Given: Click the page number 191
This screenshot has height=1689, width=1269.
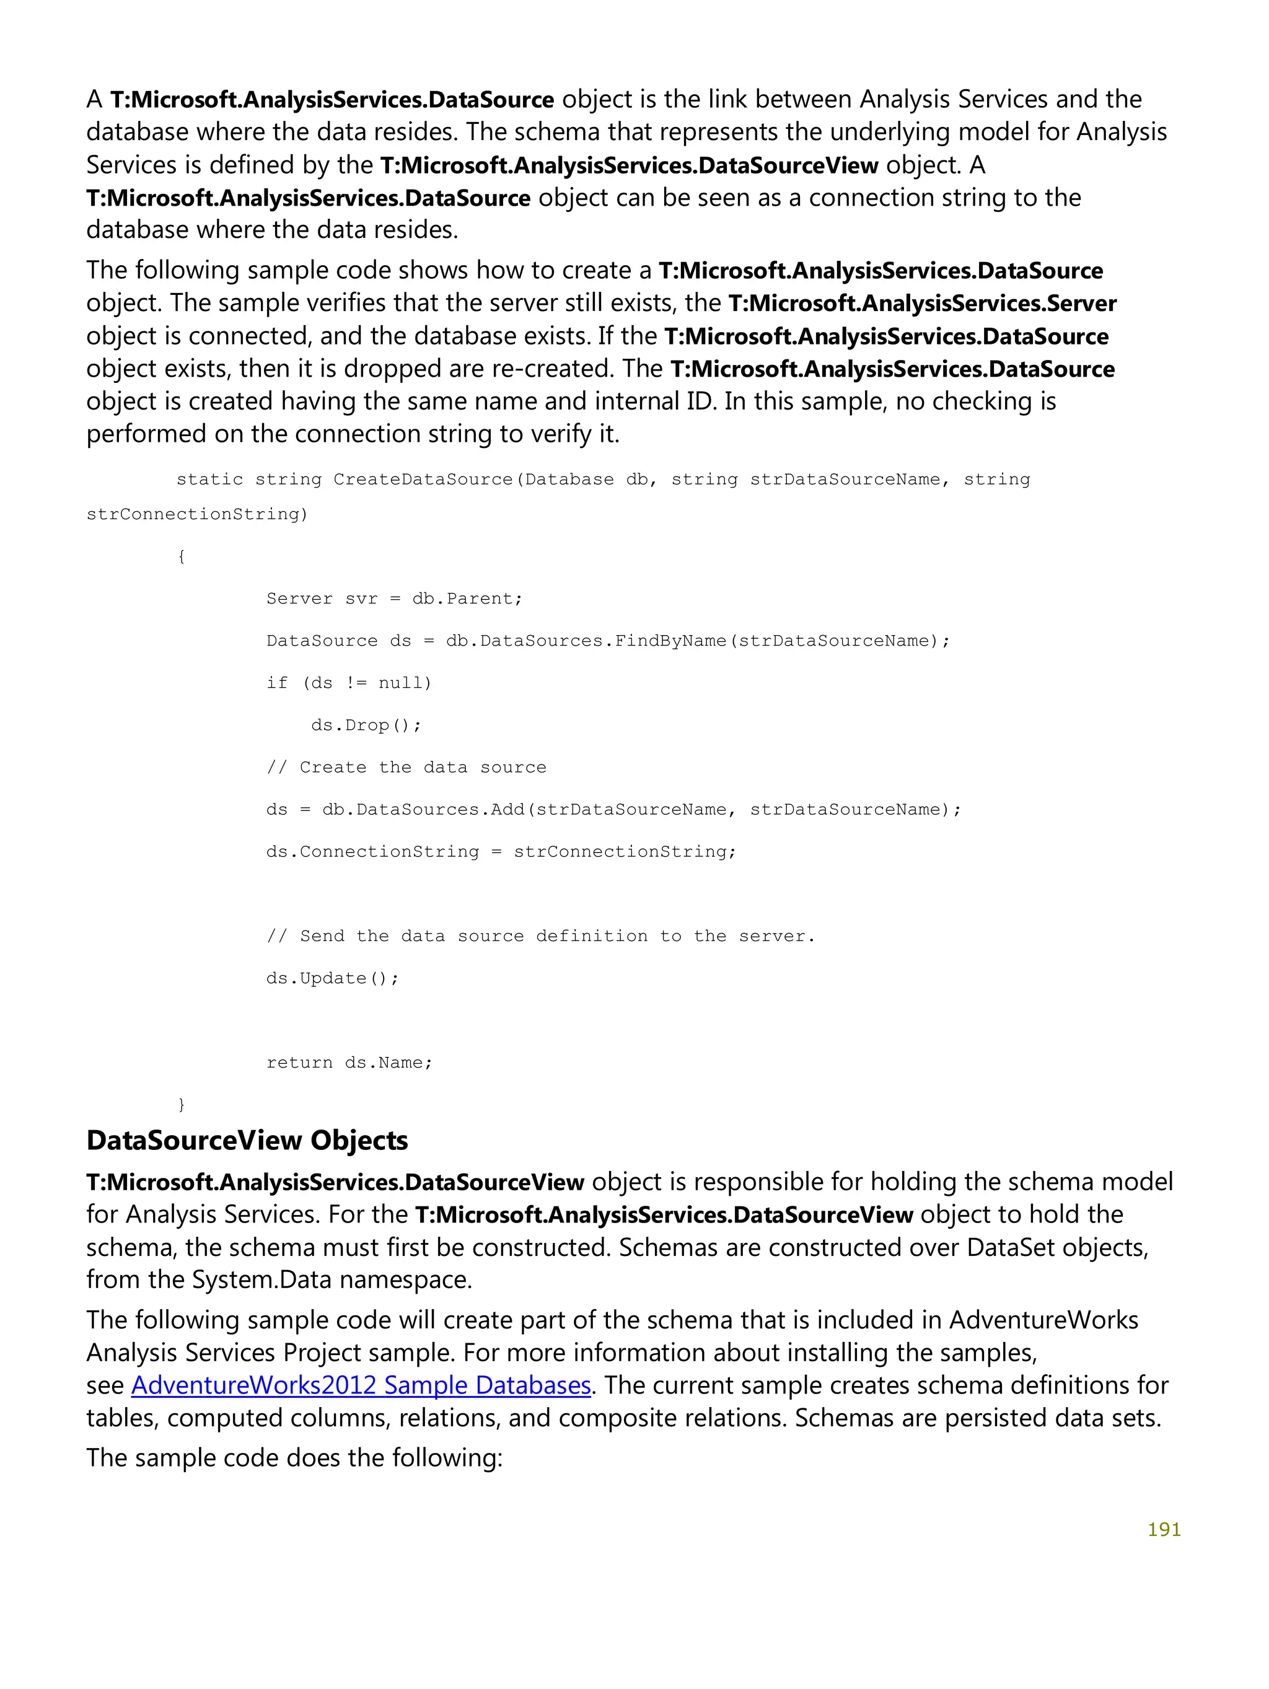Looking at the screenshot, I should click(1164, 1529).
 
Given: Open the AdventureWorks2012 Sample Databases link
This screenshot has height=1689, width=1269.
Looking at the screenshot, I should click(361, 1385).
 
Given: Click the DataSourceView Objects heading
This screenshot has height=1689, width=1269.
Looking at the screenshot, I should click(247, 1140).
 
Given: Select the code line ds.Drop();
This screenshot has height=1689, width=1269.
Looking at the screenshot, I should click(366, 725).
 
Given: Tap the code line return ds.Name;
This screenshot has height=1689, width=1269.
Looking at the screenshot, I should click(349, 1062).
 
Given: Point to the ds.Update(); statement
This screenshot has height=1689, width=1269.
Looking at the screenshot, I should click(332, 978).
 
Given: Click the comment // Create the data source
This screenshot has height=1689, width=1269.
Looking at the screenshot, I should click(406, 768).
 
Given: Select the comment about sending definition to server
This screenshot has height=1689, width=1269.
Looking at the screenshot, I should click(540, 936).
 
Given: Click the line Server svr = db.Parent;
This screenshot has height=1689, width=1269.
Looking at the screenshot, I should click(394, 599).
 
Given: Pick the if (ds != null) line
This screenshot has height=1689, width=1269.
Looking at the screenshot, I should click(349, 683).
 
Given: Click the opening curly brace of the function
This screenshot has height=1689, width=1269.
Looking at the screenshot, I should click(181, 556).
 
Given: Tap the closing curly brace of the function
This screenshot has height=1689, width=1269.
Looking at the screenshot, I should click(181, 1104).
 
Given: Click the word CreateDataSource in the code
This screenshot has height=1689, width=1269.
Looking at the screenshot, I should click(422, 480).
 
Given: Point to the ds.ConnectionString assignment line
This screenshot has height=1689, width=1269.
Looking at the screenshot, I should click(501, 851).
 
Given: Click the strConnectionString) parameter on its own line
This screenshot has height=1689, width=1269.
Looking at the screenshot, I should click(197, 514).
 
